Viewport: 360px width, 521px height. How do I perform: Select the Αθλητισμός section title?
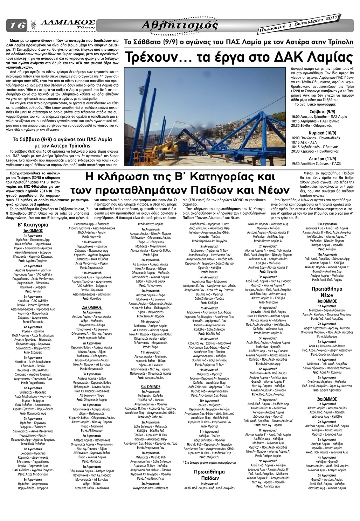[179, 25]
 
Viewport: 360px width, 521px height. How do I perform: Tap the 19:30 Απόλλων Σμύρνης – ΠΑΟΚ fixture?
[316, 164]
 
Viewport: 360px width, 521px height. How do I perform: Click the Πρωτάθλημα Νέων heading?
[327, 292]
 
